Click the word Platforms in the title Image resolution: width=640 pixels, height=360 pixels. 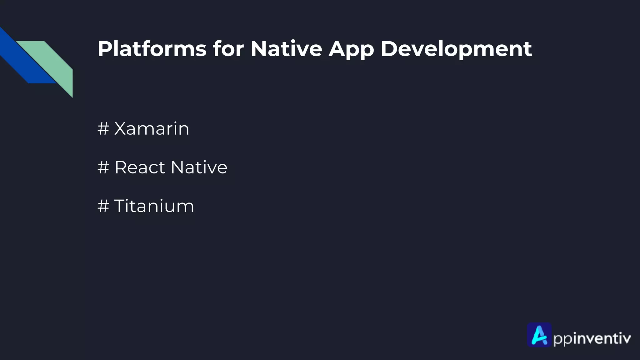pos(152,49)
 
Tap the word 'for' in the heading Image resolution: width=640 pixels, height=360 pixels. pos(228,49)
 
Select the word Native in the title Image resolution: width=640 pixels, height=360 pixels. pos(286,49)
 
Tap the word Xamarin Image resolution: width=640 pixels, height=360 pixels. pos(152,128)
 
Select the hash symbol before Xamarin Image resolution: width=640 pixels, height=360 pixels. pos(103,128)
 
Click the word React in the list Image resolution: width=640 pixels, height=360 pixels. pos(140,167)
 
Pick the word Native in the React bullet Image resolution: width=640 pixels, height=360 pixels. pos(199,167)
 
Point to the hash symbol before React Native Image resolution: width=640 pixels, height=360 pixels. pos(103,167)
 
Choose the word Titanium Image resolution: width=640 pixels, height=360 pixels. pos(154,206)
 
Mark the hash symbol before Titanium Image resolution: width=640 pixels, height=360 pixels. pos(103,206)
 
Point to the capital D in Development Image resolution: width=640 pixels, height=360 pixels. pos(389,49)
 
